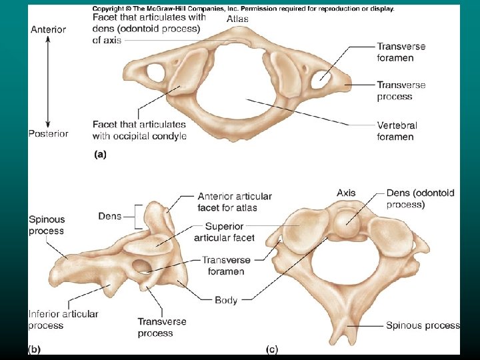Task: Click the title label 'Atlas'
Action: (x=237, y=19)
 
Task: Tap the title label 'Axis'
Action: (x=346, y=193)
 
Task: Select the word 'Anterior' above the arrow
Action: (x=48, y=29)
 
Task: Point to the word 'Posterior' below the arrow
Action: (x=48, y=133)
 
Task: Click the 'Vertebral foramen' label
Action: (x=395, y=131)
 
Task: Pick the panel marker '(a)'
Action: (x=99, y=154)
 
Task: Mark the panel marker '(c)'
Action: (x=272, y=349)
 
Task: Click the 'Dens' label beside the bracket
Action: (x=109, y=216)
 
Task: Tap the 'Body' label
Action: (x=226, y=300)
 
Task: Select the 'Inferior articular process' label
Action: (x=63, y=319)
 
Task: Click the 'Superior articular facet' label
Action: (x=224, y=232)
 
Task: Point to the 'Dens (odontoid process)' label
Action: (x=420, y=199)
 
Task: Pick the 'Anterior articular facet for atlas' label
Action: (x=234, y=202)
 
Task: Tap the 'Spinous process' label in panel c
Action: (x=423, y=325)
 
